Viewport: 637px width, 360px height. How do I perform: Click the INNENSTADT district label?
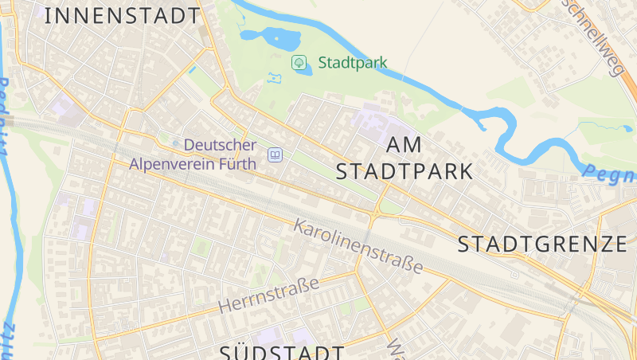(122, 16)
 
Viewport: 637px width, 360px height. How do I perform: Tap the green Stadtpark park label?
(353, 62)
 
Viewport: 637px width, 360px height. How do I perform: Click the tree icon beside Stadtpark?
(299, 62)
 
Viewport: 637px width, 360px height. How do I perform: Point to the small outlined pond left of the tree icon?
(276, 78)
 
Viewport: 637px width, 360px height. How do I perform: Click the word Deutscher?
(221, 146)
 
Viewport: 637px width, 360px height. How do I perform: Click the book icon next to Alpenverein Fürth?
(275, 155)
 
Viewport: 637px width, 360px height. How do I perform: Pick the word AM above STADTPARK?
(404, 145)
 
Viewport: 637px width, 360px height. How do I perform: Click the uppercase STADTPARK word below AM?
(404, 171)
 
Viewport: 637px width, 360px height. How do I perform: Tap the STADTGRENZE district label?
(542, 244)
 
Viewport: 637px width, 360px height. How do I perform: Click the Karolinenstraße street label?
(358, 245)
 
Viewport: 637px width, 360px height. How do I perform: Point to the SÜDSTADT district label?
(283, 351)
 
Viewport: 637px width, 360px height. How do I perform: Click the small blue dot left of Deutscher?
(176, 143)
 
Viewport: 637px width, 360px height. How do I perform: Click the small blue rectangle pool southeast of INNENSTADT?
(192, 69)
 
